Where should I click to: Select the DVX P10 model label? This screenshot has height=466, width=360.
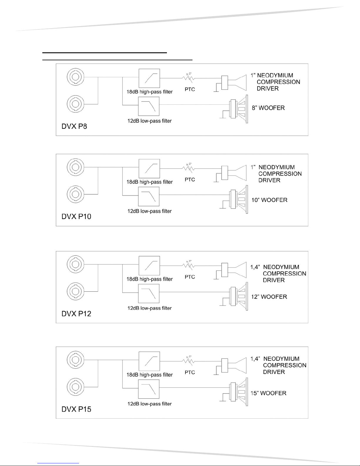(76, 216)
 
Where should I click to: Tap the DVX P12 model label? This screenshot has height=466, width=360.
(76, 313)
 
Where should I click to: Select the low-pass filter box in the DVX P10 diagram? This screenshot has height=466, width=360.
(149, 196)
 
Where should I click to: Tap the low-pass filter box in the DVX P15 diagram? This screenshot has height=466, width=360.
(149, 389)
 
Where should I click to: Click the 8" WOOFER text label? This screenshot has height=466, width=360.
(268, 108)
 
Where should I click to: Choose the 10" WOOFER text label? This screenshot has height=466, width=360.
(269, 200)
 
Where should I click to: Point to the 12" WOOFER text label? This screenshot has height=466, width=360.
(269, 297)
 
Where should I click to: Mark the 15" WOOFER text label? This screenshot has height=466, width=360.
(268, 393)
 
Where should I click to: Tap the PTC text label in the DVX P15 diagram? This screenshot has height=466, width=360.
(190, 372)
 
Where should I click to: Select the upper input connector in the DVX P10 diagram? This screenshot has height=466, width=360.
(76, 167)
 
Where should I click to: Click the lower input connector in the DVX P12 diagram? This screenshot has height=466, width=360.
(76, 291)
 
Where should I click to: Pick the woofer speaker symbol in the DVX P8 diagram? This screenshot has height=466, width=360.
(239, 109)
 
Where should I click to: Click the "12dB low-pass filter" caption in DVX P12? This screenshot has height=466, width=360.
(149, 308)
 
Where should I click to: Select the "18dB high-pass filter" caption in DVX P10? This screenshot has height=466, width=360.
(150, 182)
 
